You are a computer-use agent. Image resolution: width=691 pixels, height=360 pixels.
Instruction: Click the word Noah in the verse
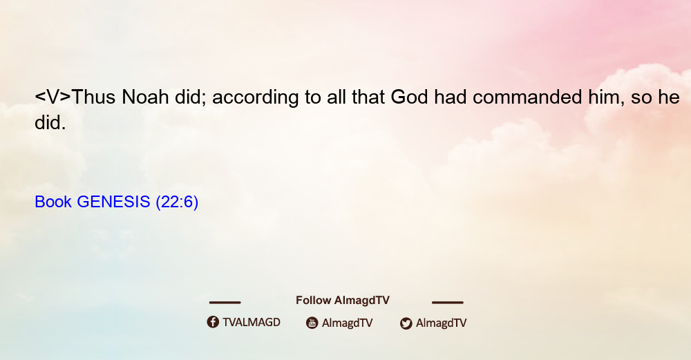coord(145,97)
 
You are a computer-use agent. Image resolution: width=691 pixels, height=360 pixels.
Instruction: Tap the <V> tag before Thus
coord(53,97)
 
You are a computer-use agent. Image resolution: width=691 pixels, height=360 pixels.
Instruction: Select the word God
coord(409,97)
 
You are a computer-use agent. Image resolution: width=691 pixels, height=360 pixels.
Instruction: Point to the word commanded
coord(527,97)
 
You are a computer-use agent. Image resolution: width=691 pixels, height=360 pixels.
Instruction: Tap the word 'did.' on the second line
coord(50,122)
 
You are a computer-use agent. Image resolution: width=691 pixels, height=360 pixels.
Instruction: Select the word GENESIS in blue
coord(113,202)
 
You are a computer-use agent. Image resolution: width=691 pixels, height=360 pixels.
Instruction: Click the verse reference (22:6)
coord(177,202)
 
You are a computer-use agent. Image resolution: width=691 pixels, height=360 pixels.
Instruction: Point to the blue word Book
coord(53,202)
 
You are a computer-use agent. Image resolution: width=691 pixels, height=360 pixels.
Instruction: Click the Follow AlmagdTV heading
coord(343,301)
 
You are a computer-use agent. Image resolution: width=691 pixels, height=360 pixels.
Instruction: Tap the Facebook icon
coord(213,322)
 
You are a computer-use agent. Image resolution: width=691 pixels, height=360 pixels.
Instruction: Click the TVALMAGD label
coord(252,322)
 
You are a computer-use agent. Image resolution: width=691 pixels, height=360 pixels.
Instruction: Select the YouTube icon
coord(312,323)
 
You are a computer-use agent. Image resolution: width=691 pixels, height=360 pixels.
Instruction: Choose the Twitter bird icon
coord(406,323)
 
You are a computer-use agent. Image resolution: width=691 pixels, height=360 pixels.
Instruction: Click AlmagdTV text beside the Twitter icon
coord(441,323)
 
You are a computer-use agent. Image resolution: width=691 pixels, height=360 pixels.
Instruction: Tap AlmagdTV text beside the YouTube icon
coord(348,323)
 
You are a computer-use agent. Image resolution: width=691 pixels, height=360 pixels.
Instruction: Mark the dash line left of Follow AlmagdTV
coord(225,302)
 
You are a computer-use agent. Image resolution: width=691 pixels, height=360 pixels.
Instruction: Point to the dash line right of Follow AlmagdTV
coord(448,302)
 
